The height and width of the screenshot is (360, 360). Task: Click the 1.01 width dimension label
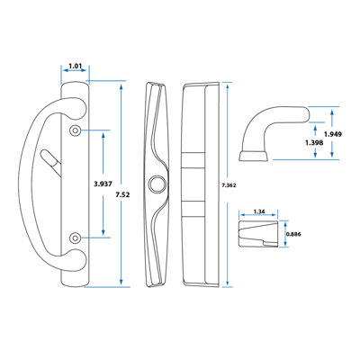[x=76, y=66]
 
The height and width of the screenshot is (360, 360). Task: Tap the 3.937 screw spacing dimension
[x=103, y=184]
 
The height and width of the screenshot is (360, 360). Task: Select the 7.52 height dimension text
[x=122, y=194]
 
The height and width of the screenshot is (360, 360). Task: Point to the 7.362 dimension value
[x=229, y=185]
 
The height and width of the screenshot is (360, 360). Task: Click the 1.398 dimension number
[x=314, y=143]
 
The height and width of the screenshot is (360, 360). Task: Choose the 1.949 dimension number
[x=333, y=134]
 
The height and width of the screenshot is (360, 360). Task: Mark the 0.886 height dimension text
[x=293, y=234]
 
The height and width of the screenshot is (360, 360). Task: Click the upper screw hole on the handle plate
[x=75, y=130]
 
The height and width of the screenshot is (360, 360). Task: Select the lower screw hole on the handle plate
[x=75, y=238]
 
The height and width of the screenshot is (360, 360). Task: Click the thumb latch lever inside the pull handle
[x=50, y=157]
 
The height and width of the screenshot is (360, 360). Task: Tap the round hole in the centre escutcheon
[x=157, y=183]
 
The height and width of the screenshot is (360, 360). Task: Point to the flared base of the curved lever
[x=254, y=156]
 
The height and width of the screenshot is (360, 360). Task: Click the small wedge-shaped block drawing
[x=258, y=234]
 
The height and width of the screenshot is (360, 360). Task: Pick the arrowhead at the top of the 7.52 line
[x=121, y=87]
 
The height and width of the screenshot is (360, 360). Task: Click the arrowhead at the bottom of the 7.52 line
[x=121, y=282]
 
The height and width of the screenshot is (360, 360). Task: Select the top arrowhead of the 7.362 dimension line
[x=228, y=86]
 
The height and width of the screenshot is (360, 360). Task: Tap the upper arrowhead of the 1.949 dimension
[x=332, y=112]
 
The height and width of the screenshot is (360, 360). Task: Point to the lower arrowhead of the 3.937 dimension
[x=103, y=232]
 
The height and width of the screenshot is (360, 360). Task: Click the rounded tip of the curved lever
[x=306, y=114]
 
